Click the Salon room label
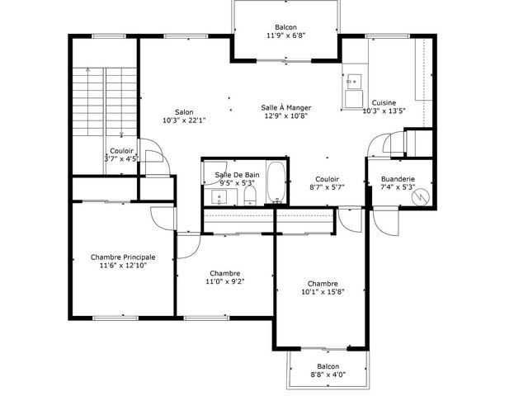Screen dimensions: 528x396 (x=184, y=112)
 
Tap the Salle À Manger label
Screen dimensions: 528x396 (x=286, y=108)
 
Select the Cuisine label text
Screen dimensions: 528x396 (x=384, y=102)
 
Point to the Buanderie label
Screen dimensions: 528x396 (x=398, y=179)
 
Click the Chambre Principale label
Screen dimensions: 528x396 (x=123, y=257)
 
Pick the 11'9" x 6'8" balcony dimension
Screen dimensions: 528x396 (x=286, y=35)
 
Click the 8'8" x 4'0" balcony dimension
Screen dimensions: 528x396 (x=328, y=374)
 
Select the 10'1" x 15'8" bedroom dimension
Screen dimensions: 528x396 (x=323, y=292)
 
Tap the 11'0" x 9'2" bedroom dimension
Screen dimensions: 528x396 (x=225, y=281)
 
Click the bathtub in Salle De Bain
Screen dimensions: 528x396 (x=276, y=182)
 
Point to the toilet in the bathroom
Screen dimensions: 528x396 (x=250, y=196)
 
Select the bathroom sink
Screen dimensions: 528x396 (x=219, y=197)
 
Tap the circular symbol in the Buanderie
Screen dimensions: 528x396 (x=421, y=196)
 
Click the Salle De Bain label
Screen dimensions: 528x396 (x=237, y=175)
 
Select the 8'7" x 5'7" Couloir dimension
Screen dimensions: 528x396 (x=327, y=187)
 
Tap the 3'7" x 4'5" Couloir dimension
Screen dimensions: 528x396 (x=121, y=159)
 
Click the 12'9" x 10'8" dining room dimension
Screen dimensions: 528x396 (x=286, y=115)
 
